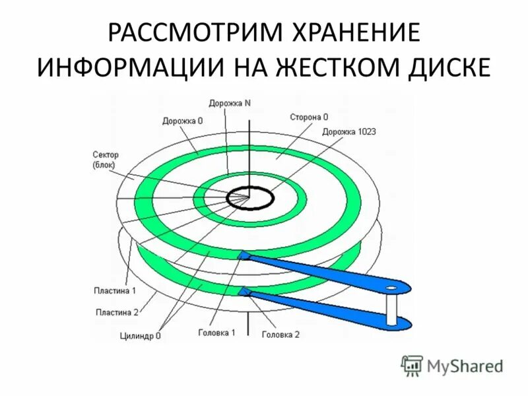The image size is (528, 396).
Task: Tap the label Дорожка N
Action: coord(230,103)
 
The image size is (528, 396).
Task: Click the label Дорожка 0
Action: coord(182,121)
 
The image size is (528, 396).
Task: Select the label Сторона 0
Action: coord(308,117)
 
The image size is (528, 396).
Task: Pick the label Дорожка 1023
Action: coord(349,131)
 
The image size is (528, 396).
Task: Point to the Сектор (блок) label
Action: coord(105,159)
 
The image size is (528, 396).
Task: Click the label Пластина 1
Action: coord(115,291)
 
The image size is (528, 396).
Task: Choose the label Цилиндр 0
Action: coord(140,335)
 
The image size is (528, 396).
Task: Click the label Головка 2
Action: coord(280,335)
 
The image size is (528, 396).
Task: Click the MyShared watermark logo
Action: coord(453,364)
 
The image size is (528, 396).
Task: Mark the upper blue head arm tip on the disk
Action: coord(244,254)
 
